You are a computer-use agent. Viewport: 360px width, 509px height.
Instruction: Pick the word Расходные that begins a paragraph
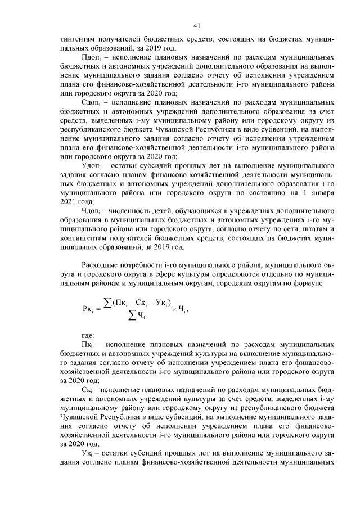pos(102,263)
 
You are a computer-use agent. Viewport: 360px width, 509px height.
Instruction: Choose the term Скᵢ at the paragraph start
pos(88,389)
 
